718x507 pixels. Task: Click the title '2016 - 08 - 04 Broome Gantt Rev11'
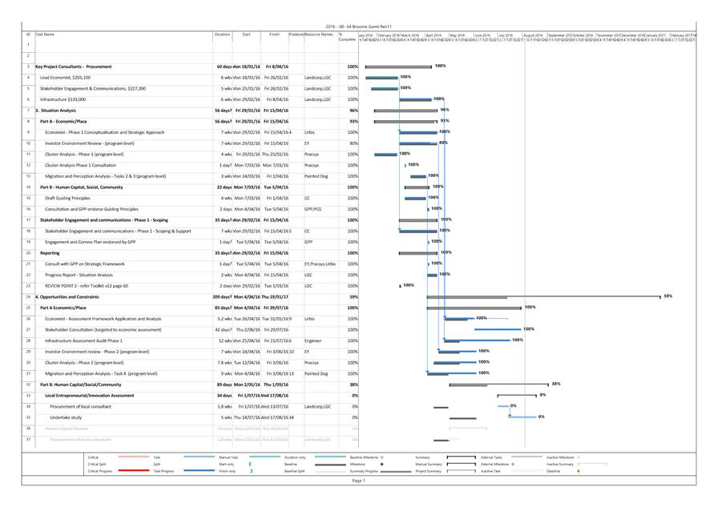359,26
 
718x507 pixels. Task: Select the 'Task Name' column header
46,34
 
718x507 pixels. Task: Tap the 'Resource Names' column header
319,34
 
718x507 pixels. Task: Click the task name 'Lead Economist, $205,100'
68,78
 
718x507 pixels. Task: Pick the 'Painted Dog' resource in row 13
316,176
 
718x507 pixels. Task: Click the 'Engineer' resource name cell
313,340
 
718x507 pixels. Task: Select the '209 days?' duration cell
224,296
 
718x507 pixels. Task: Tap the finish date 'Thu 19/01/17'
275,296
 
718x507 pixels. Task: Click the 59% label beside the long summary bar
668,296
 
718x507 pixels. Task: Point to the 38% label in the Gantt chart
556,384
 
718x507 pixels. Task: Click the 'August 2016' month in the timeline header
533,35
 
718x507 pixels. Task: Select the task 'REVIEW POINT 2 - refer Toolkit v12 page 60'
86,286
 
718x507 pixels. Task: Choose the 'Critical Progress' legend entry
100,471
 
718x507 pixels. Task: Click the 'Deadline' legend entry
554,471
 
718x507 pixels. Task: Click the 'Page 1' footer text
358,481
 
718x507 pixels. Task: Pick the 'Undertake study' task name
66,417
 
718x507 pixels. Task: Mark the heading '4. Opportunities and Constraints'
68,296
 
